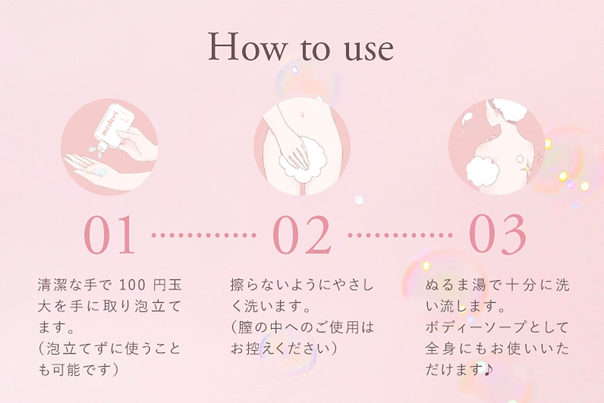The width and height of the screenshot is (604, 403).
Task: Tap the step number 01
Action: click(109, 235)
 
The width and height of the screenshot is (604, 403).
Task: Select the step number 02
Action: click(301, 235)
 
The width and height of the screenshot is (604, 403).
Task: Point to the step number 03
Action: click(497, 235)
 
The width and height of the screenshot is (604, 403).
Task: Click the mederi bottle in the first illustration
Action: click(114, 127)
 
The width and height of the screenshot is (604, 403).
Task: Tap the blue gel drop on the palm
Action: click(100, 171)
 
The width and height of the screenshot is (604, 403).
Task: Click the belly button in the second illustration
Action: click(301, 114)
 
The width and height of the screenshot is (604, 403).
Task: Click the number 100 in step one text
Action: click(132, 285)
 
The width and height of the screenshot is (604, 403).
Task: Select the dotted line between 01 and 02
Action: click(204, 235)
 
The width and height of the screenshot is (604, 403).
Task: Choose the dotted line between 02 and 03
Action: click(400, 235)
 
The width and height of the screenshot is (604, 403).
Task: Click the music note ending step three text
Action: click(488, 369)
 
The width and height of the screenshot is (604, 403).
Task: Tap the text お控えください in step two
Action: click(280, 349)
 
